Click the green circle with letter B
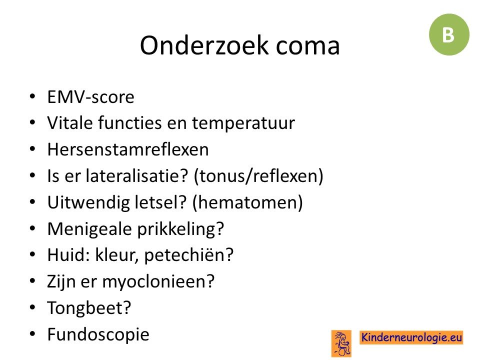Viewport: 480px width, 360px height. tap(449, 34)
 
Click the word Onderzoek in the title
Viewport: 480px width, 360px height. tap(204, 45)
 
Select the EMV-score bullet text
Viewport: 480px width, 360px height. tap(90, 97)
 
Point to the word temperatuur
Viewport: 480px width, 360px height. tap(243, 123)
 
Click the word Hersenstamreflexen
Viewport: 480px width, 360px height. tap(128, 149)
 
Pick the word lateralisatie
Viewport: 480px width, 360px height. tap(136, 175)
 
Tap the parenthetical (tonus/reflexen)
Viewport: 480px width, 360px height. tap(258, 176)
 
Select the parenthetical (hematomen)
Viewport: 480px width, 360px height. tap(247, 202)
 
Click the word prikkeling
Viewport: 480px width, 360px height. tap(180, 229)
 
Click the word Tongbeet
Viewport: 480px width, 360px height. tap(89, 308)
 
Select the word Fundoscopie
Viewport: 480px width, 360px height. tap(98, 334)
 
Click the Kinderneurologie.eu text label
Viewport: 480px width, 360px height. tap(411, 337)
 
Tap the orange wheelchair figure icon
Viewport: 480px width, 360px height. tap(341, 343)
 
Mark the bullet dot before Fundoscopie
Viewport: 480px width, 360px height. tap(33, 333)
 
